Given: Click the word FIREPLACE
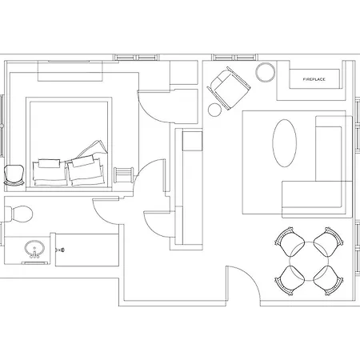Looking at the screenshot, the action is pos(314,79).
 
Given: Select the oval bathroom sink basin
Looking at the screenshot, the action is pos(34,248).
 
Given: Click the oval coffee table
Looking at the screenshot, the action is pos(285,143).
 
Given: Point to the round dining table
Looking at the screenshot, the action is pos(309,262).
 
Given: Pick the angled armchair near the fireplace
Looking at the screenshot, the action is pos(229,88).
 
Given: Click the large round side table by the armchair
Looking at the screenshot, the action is pos(266,72).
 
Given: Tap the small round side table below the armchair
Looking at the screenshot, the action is pos(214,110).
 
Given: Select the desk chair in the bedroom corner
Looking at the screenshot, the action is pos(14,175).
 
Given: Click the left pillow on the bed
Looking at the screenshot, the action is pos(50,172).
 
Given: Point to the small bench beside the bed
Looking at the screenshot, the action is pos(123,174).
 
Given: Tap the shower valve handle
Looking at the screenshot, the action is pos(60,250).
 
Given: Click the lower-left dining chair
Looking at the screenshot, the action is pos(290,281).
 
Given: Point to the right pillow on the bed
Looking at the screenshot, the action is pos(86,171).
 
